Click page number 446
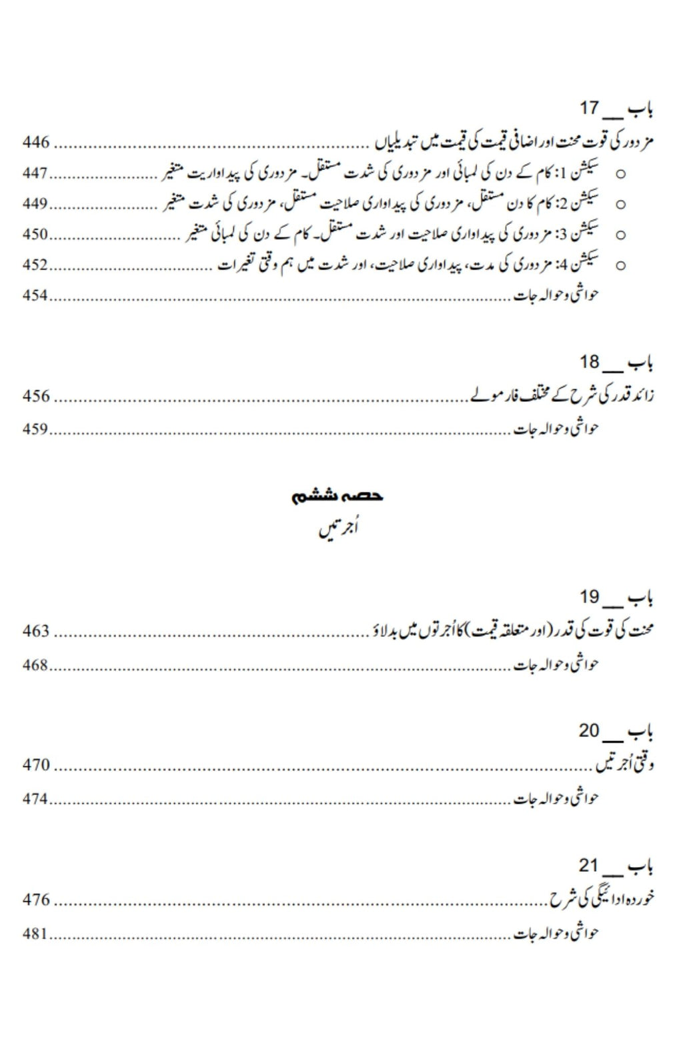click(x=36, y=142)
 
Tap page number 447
click(x=36, y=173)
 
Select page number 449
click(x=36, y=203)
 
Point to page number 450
click(x=36, y=234)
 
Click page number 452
click(x=36, y=265)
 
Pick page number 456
click(x=36, y=396)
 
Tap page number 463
click(x=36, y=630)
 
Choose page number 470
click(x=36, y=764)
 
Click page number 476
click(x=36, y=899)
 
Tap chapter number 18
click(x=590, y=362)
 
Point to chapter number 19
click(x=590, y=596)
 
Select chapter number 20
click(x=589, y=730)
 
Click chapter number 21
click(x=589, y=865)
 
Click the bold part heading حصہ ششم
click(x=337, y=496)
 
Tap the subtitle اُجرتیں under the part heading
click(x=337, y=531)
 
